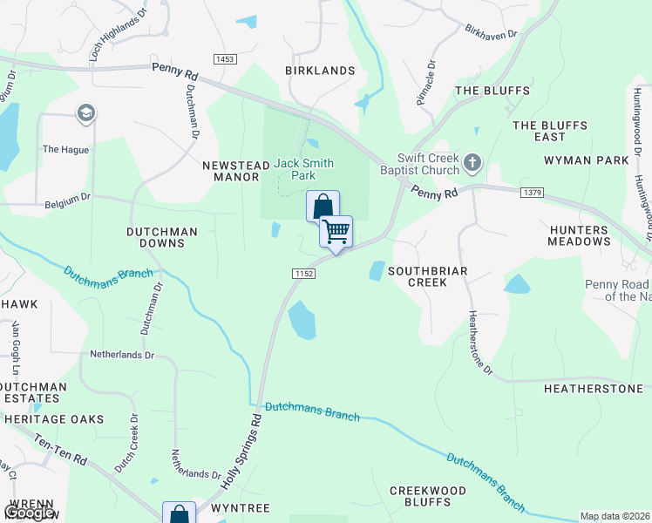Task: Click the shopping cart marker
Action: click(336, 232)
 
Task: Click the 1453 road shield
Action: click(225, 59)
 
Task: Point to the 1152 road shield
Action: click(302, 274)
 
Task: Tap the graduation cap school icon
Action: click(85, 113)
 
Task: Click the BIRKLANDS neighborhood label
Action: click(321, 71)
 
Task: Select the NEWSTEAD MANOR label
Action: click(232, 170)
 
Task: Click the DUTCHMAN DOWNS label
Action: click(162, 238)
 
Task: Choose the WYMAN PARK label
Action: click(586, 160)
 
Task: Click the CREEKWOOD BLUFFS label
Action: click(427, 496)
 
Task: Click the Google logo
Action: click(30, 513)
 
